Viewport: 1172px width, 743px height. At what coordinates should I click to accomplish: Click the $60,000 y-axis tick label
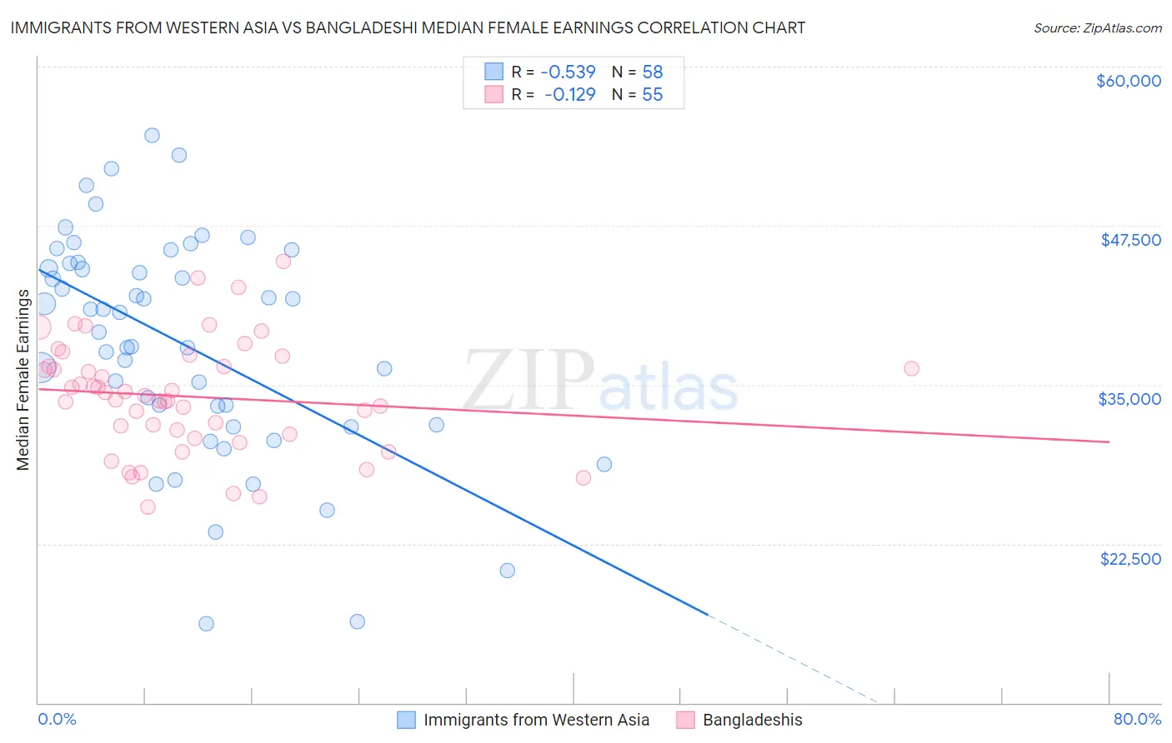click(1128, 81)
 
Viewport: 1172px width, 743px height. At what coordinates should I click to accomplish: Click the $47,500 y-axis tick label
click(1130, 240)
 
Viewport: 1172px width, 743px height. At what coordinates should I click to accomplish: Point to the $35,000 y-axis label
click(1129, 399)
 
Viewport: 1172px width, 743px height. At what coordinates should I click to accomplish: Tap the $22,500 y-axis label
click(1130, 559)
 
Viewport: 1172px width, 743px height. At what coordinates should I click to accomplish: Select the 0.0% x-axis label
click(57, 719)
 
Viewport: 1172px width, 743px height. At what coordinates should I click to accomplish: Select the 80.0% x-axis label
click(1137, 719)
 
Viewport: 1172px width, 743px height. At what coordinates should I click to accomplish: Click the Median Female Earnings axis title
click(23, 380)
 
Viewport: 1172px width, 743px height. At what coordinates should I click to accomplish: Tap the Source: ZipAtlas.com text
click(1097, 27)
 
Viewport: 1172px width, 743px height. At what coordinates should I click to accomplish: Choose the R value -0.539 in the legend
click(569, 72)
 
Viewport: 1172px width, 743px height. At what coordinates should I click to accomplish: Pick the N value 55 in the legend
click(652, 95)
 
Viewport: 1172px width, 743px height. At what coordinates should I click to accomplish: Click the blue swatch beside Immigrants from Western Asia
click(406, 720)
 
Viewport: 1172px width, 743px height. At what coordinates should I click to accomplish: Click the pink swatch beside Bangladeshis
click(685, 720)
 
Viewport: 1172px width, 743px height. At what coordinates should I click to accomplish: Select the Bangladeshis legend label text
click(752, 720)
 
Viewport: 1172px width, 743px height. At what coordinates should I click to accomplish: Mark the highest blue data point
click(152, 135)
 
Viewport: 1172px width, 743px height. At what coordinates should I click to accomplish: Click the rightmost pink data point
click(911, 368)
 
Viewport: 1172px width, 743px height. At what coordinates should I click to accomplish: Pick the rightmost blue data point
click(604, 464)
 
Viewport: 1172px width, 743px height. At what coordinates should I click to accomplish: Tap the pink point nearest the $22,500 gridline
click(148, 506)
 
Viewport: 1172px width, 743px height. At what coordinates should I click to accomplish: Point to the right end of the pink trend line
click(1109, 441)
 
